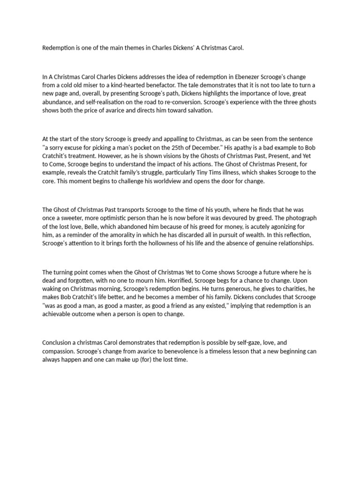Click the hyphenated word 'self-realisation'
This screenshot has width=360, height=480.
(x=98, y=102)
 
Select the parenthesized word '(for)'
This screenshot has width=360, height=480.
(x=150, y=360)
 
